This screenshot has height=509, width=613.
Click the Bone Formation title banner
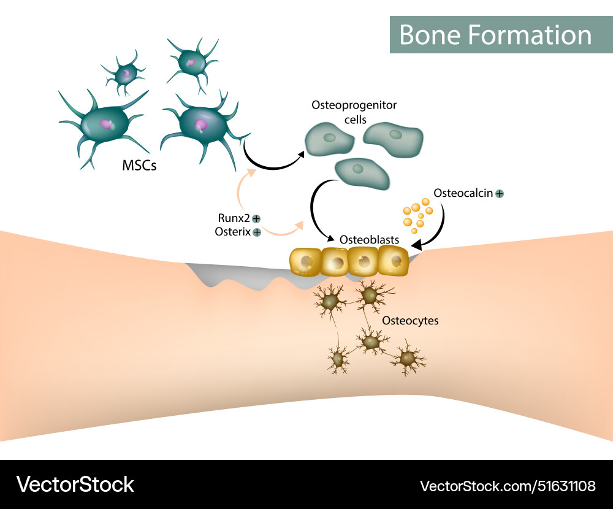495,34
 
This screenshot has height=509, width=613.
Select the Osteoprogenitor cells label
354,111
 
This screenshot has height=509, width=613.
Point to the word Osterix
233,232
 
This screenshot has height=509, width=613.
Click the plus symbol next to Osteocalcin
500,193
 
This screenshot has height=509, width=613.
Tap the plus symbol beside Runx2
256,218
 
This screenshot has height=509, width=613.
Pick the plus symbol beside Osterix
256,232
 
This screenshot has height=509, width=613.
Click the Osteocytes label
410,320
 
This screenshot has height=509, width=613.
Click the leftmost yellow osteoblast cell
305,261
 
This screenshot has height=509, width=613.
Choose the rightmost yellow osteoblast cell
394,261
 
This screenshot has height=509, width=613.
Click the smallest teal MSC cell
124,74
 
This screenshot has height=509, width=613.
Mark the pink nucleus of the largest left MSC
107,124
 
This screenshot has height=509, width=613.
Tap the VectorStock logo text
75,484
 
